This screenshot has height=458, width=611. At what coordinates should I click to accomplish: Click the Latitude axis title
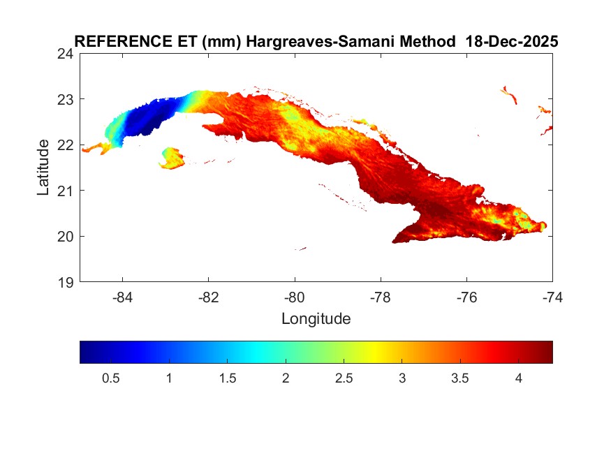pyautogui.click(x=43, y=167)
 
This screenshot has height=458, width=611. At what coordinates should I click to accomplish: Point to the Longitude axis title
pyautogui.click(x=316, y=319)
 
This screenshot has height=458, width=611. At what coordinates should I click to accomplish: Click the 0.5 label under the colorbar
pyautogui.click(x=111, y=378)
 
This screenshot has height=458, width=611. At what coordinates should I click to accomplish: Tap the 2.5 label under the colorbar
pyautogui.click(x=344, y=378)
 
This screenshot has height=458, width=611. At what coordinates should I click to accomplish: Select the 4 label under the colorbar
pyautogui.click(x=518, y=378)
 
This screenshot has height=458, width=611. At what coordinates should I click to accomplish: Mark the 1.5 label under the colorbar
pyautogui.click(x=228, y=378)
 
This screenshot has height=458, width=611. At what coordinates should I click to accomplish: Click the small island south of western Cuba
pyautogui.click(x=171, y=158)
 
